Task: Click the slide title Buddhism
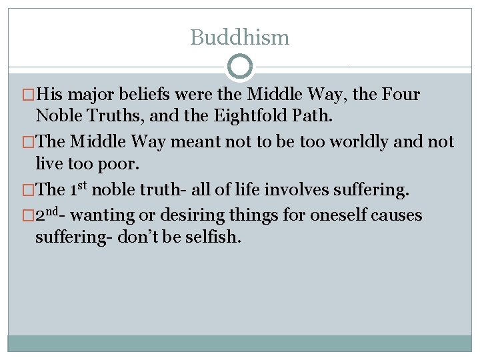[240, 37]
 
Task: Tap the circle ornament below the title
[240, 67]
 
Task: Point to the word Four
[401, 95]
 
